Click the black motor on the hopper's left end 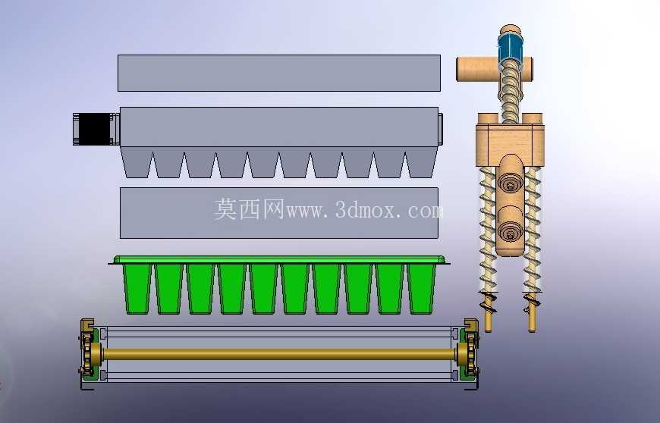[x=96, y=129]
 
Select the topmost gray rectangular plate [x=279, y=73]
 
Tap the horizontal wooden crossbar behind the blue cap [x=495, y=70]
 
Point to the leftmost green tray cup [x=137, y=289]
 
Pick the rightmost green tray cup [x=421, y=289]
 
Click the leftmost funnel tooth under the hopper [x=137, y=162]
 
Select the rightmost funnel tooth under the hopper [x=421, y=162]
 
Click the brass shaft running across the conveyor [x=279, y=354]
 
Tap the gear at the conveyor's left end [x=87, y=353]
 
